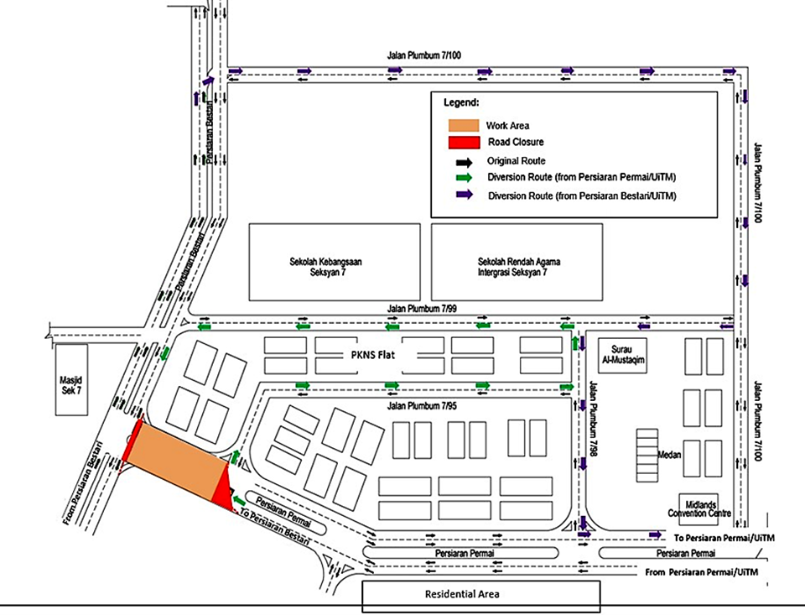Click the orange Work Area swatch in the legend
(463, 125)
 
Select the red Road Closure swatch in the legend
(463, 142)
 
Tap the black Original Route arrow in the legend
(463, 160)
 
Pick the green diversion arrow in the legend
(463, 177)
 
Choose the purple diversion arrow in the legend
(463, 195)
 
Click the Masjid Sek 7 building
(71, 379)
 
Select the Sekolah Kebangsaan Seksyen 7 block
(335, 262)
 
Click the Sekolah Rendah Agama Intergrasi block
(517, 262)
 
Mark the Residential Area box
(480, 595)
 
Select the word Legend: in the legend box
(461, 103)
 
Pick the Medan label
(669, 456)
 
